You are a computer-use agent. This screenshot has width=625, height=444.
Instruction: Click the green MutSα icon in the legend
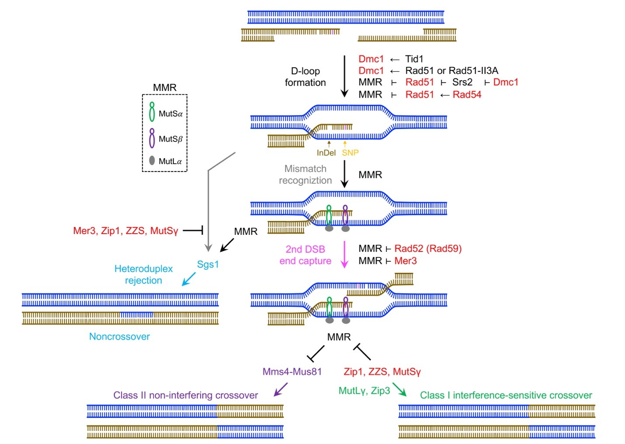(152, 112)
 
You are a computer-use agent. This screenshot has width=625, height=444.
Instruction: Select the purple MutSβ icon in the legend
(152, 138)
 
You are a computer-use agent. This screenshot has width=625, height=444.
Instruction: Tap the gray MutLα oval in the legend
(152, 160)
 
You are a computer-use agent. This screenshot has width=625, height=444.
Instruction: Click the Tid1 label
(414, 59)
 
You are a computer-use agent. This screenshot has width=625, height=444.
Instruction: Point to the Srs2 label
(462, 82)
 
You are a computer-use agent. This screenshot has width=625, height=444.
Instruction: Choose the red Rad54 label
(467, 94)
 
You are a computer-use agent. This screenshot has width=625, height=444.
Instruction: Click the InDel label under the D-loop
(326, 153)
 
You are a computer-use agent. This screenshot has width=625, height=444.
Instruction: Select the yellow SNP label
(350, 153)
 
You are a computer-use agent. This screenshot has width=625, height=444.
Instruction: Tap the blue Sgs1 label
(208, 264)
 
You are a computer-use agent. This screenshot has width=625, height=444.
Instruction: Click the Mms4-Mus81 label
(292, 372)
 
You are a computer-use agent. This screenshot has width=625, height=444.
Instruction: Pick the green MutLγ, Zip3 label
(364, 391)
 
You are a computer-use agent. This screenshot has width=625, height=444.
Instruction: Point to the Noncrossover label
(119, 337)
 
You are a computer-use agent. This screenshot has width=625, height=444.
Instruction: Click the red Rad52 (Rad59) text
(428, 248)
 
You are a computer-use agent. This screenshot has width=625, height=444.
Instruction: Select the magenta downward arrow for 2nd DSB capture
(344, 255)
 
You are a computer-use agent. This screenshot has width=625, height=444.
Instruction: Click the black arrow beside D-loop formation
(344, 76)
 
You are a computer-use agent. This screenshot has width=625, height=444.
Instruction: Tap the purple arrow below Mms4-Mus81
(281, 389)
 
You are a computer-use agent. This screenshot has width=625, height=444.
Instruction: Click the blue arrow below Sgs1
(189, 279)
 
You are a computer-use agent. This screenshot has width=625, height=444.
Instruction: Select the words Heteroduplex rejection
(143, 275)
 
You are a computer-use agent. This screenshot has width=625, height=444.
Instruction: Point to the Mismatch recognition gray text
(305, 175)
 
